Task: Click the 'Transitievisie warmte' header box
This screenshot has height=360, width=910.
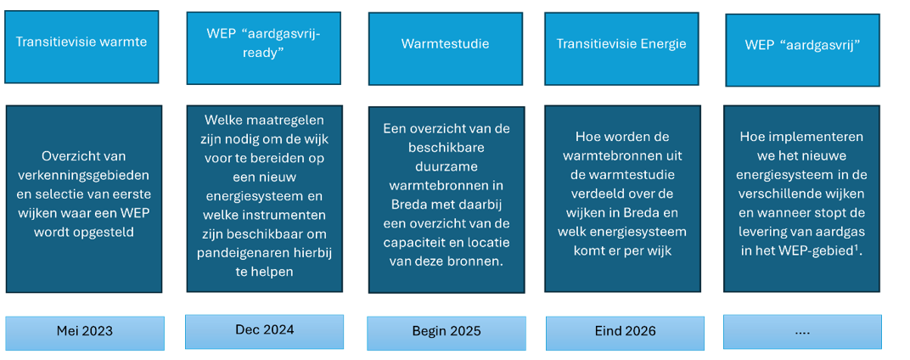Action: [81, 47]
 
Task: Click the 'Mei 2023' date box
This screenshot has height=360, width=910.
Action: [85, 333]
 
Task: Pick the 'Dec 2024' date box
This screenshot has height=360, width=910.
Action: [264, 331]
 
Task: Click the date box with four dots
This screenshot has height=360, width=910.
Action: [802, 332]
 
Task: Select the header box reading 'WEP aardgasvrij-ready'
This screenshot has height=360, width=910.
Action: [263, 48]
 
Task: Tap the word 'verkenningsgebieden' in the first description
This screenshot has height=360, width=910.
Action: [83, 176]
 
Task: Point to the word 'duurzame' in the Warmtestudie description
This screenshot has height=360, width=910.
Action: [446, 168]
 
